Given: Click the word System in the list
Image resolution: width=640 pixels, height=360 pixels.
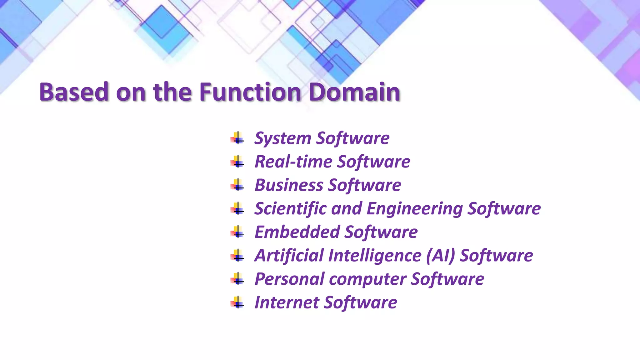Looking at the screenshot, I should tap(282, 138).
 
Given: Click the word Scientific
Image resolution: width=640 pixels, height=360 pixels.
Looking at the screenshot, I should tap(290, 208).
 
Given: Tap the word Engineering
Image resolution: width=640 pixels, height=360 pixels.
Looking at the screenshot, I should tap(414, 209).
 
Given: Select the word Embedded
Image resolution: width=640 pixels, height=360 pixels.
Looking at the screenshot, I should tap(297, 232).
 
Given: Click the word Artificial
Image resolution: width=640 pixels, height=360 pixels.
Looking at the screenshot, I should tap(289, 255).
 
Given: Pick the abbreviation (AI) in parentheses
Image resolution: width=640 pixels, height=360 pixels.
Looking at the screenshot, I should tap(441, 256).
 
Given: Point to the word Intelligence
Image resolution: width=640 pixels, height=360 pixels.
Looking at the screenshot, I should tap(375, 256).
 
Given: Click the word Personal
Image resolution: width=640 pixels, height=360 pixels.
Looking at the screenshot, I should tap(289, 279).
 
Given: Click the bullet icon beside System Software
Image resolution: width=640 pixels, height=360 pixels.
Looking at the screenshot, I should tap(237, 138).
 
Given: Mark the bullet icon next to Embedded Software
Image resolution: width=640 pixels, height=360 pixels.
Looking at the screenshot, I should tap(237, 232).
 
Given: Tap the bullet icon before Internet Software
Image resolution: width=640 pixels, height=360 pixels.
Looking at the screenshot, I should tap(237, 302).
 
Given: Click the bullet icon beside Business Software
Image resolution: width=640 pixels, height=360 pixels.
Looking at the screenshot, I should tap(237, 185).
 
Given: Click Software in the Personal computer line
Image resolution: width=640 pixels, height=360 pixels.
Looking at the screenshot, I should tap(447, 279).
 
